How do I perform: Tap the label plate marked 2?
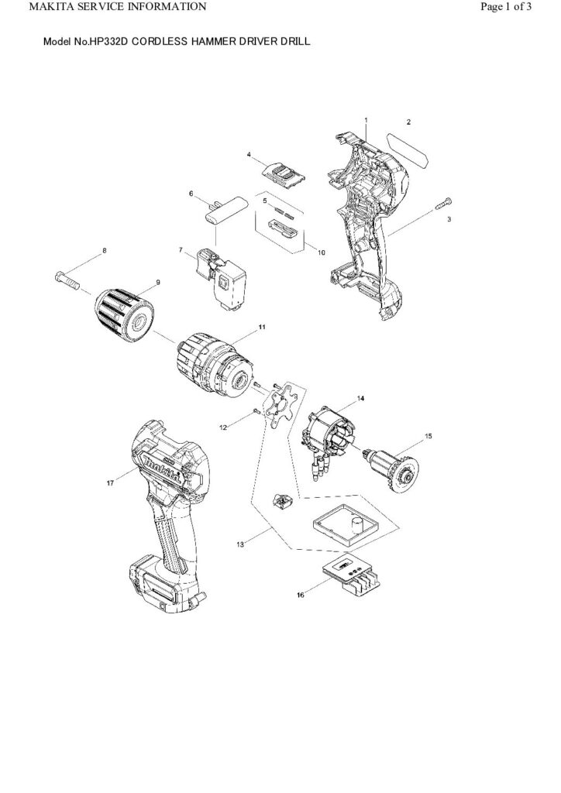410,149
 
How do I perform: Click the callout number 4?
249,155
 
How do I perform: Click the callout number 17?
110,482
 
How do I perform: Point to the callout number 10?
322,252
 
